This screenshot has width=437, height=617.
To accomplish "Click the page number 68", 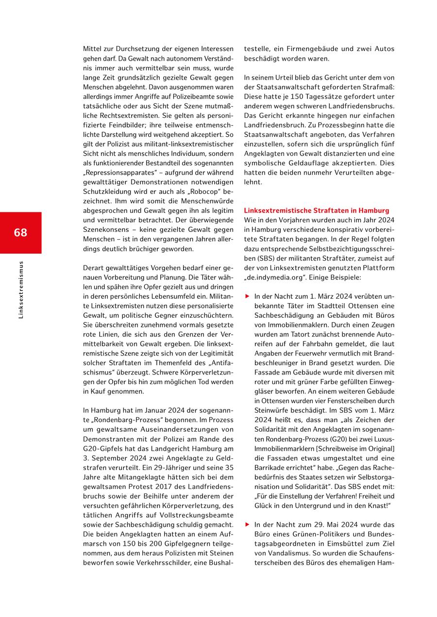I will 20,232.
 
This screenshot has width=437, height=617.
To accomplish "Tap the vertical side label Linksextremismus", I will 20,290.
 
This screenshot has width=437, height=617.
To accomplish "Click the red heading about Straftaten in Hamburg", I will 316,211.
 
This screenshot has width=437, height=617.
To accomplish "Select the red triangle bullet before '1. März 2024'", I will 247,296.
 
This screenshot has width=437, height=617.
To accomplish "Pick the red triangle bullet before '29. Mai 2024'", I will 247,525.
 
